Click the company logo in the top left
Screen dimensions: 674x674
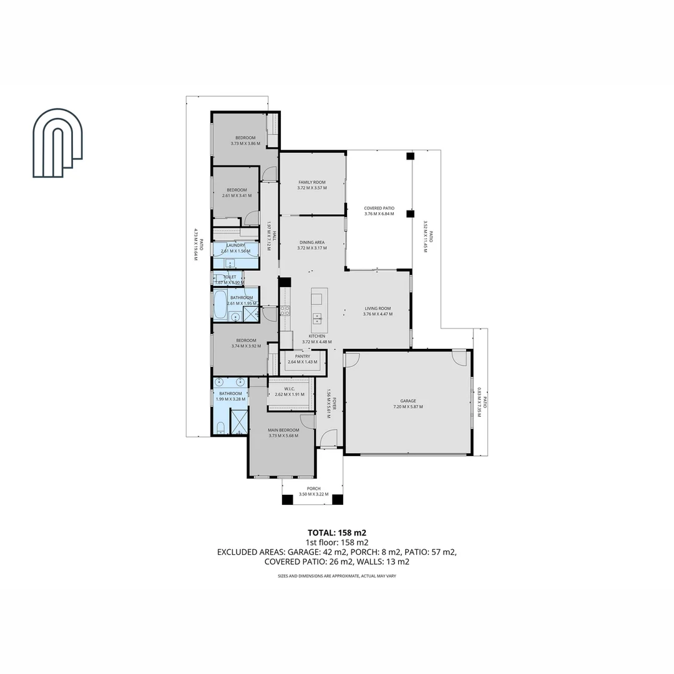click(57, 143)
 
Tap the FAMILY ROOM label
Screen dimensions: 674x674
click(311, 182)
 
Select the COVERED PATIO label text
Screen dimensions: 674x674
click(379, 208)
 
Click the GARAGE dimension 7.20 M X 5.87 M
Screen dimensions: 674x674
click(408, 407)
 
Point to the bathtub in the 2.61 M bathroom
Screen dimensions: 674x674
click(220, 305)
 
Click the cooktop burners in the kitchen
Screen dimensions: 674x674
click(285, 310)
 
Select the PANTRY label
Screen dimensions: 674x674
click(303, 356)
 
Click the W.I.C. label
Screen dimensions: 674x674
click(290, 389)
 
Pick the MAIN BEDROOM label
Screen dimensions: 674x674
click(283, 430)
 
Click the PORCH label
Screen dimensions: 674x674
click(313, 489)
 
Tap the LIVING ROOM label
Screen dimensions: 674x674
click(378, 308)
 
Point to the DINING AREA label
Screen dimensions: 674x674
click(311, 242)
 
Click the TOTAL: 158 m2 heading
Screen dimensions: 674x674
click(337, 532)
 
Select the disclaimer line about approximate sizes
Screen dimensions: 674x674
click(337, 576)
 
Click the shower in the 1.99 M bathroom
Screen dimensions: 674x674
click(239, 421)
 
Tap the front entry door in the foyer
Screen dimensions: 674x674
click(328, 439)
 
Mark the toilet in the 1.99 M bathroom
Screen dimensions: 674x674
click(220, 427)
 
